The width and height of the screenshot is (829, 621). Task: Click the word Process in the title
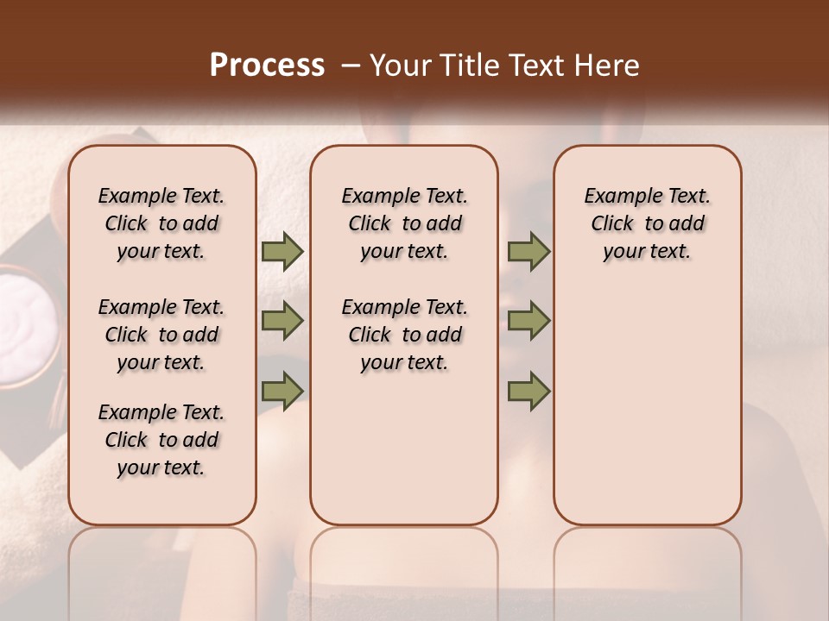[x=267, y=65]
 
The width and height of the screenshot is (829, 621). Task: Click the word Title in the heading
[x=469, y=65]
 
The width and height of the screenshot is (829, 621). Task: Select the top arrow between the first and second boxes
[x=282, y=251]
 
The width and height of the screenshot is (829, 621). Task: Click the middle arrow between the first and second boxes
[x=282, y=321]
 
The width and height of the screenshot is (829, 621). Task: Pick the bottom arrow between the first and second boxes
[x=282, y=391]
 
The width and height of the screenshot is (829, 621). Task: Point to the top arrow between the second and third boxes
[x=528, y=251]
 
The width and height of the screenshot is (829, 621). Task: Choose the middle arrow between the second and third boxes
[x=528, y=321]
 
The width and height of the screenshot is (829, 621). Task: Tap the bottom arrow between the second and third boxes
[x=528, y=391]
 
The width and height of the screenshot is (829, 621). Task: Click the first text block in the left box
[x=161, y=223]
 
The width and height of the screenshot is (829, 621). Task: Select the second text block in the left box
[x=161, y=335]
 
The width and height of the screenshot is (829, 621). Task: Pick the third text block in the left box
[x=161, y=440]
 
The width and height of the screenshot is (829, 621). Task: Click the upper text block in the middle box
[x=405, y=223]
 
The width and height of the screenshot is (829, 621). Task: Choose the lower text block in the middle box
[x=405, y=335]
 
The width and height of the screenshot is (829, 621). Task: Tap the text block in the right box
[x=648, y=223]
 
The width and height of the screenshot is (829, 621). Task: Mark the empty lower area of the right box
[x=648, y=405]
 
